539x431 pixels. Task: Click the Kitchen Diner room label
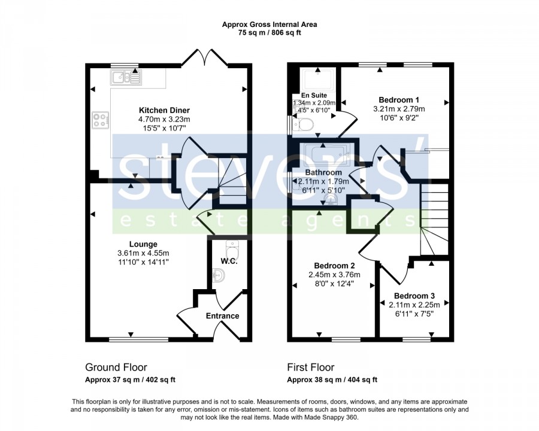[164, 110]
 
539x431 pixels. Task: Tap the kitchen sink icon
[126, 77]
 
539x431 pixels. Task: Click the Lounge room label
[143, 244]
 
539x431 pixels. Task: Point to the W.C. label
[229, 261]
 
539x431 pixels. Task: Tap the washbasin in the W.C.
[219, 275]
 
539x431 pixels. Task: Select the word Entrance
[222, 316]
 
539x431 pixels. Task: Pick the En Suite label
[314, 95]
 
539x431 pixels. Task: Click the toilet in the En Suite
[302, 124]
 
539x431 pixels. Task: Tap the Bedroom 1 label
[399, 100]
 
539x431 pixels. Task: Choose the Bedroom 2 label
[334, 266]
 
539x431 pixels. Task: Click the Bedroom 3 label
[414, 296]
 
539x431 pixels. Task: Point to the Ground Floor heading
[116, 368]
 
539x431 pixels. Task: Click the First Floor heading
[311, 368]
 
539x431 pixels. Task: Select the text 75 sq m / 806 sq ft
[269, 34]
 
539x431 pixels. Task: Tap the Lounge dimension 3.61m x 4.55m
[143, 253]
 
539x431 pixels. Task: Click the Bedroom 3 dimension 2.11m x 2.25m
[414, 305]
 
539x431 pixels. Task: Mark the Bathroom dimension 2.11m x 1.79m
[323, 181]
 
